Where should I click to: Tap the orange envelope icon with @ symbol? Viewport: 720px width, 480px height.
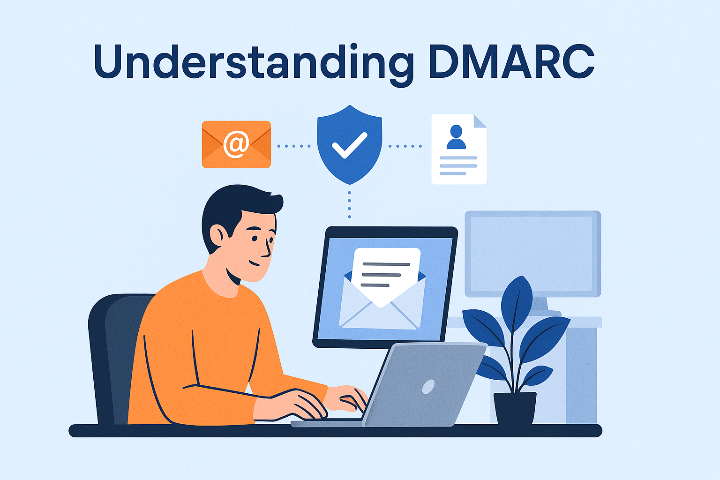(236, 144)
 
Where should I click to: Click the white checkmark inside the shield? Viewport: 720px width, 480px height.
(349, 145)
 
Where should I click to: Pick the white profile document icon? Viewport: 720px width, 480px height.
(458, 149)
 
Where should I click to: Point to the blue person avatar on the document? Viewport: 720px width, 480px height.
(456, 137)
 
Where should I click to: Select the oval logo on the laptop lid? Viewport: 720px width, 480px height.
(428, 386)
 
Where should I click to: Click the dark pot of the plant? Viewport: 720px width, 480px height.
(515, 408)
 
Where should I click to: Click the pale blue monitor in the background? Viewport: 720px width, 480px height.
(533, 253)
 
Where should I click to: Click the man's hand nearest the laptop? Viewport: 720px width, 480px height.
(347, 398)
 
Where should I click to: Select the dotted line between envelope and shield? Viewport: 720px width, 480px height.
(294, 146)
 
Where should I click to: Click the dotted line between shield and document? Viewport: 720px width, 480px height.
(405, 146)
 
